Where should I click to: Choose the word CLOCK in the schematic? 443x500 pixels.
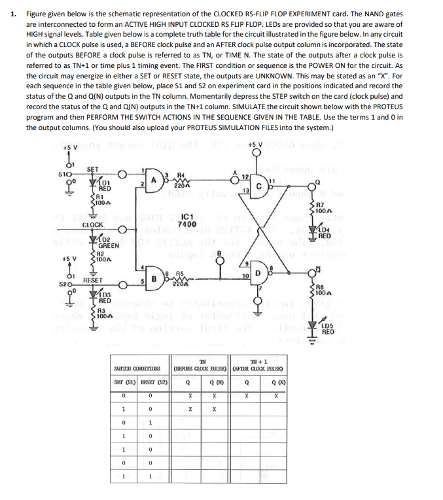tap(94, 224)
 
